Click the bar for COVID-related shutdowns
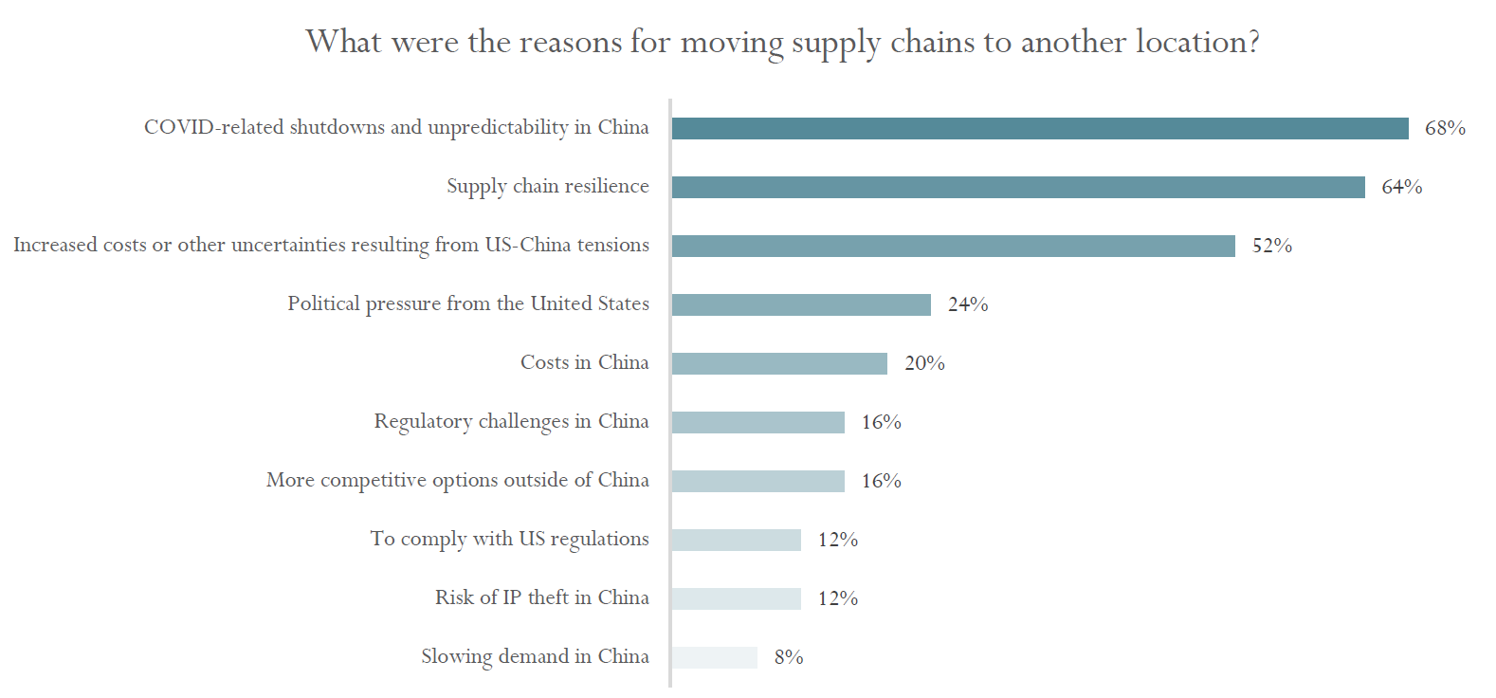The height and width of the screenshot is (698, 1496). coord(1039,129)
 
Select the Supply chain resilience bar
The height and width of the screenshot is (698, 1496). coord(1017,188)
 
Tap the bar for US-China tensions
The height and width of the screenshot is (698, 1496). coord(953,247)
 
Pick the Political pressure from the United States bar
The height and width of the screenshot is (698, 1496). coord(801,305)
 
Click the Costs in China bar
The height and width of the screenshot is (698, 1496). coord(779,364)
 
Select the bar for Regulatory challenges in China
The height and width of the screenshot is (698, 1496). coord(757,423)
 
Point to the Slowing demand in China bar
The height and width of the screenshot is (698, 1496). coord(714,658)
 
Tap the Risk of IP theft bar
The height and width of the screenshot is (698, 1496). coord(736,599)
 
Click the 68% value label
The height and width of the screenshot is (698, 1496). coord(1445,128)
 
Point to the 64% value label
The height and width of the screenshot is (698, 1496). coord(1401,187)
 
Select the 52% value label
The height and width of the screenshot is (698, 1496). coord(1271,246)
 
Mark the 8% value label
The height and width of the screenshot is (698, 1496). coord(789,657)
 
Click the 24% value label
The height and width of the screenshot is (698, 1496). coord(967,304)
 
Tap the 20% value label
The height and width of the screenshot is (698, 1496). coord(924,363)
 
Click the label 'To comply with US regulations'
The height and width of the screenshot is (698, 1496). coord(509,540)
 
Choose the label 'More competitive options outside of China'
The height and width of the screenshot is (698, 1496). coord(457,481)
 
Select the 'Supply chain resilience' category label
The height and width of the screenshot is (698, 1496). coord(547,187)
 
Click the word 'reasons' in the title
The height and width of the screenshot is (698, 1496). coord(572,43)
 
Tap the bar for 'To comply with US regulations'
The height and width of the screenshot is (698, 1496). coord(736,541)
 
